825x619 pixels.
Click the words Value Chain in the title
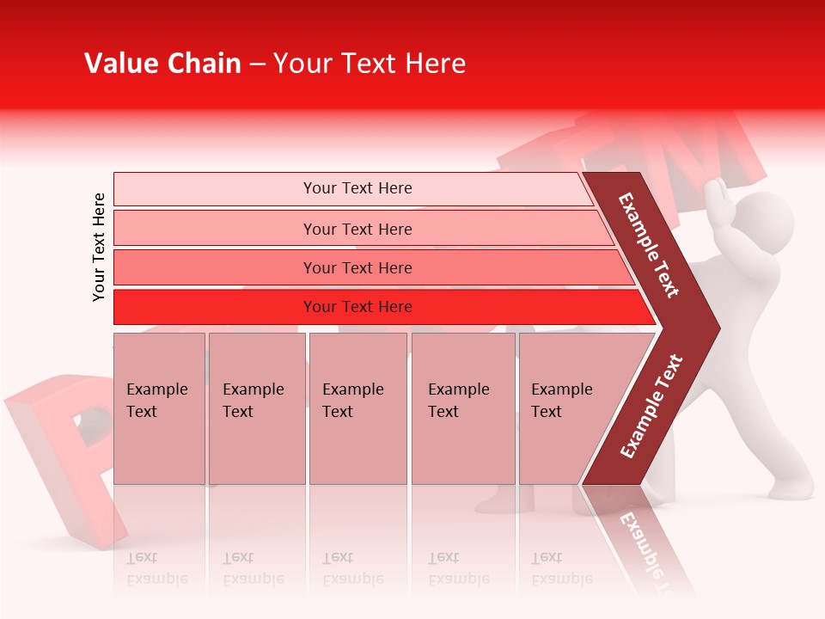click(x=162, y=64)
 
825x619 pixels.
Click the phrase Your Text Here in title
click(x=370, y=64)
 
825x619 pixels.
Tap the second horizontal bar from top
click(x=357, y=229)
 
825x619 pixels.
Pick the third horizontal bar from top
click(x=357, y=267)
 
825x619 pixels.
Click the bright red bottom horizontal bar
click(x=357, y=307)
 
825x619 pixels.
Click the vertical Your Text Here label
click(x=99, y=247)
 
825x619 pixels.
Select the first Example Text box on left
click(x=159, y=408)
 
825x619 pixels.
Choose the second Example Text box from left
click(x=256, y=408)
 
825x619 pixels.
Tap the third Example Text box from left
click(x=357, y=408)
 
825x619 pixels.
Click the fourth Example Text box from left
click(x=462, y=408)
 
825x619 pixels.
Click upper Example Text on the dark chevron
click(x=649, y=245)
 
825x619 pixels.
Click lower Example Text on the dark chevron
click(x=651, y=407)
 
